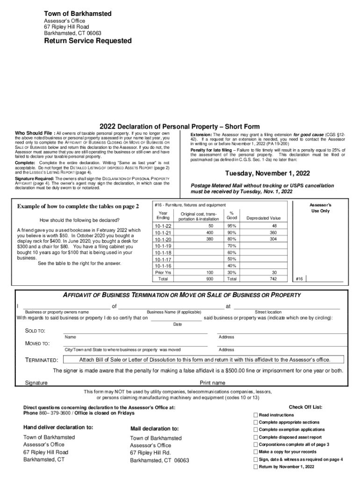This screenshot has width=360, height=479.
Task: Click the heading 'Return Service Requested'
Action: pyautogui.click(x=88, y=41)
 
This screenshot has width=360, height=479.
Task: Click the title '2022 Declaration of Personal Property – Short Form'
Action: pyautogui.click(x=180, y=126)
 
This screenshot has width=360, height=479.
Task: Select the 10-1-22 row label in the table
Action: pyautogui.click(x=163, y=226)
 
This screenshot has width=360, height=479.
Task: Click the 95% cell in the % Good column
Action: pyautogui.click(x=231, y=226)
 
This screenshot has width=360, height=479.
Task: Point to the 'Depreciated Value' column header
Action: pyautogui.click(x=264, y=218)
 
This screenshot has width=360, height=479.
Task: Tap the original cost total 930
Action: pyautogui.click(x=209, y=278)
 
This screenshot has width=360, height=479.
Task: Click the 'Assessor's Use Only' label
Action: pyautogui.click(x=320, y=208)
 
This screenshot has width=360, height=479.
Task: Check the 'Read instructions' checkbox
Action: pyautogui.click(x=255, y=415)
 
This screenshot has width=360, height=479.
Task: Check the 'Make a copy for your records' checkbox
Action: pyautogui.click(x=255, y=452)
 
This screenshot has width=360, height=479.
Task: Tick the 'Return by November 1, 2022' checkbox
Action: pyautogui.click(x=255, y=467)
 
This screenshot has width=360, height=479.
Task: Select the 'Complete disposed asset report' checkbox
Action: pyautogui.click(x=255, y=437)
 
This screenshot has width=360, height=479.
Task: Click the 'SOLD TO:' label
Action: pyautogui.click(x=35, y=331)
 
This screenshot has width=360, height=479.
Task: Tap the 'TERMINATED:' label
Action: pyautogui.click(x=42, y=360)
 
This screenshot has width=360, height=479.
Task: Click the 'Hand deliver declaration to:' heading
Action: pyautogui.click(x=58, y=427)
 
